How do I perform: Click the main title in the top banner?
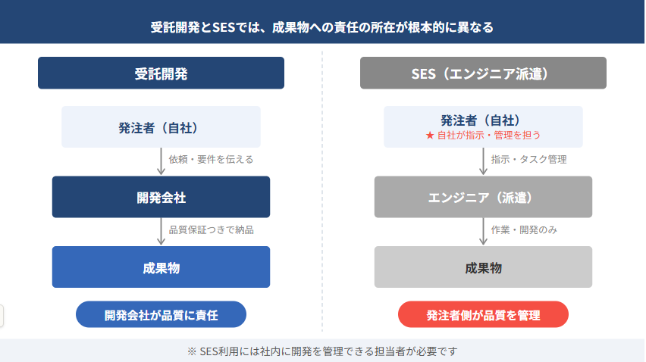321,27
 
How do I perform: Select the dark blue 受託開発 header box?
161,73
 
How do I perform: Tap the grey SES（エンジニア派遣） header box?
483,73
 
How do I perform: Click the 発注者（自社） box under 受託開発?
161,126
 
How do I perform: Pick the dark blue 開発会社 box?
161,197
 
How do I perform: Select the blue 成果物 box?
161,267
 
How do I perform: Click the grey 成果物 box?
483,267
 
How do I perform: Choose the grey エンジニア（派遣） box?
483,197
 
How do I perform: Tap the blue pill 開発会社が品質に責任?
161,314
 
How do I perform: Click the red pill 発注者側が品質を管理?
483,314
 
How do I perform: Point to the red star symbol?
430,135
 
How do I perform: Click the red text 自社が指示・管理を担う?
488,135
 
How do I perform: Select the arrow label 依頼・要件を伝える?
211,159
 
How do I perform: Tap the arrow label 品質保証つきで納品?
211,229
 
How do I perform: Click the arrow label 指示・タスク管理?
528,159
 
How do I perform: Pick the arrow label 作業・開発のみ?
524,229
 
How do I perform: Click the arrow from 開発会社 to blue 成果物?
161,232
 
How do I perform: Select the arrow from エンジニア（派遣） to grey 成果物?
483,232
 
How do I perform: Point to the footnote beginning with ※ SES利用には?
322,351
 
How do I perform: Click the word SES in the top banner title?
224,27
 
